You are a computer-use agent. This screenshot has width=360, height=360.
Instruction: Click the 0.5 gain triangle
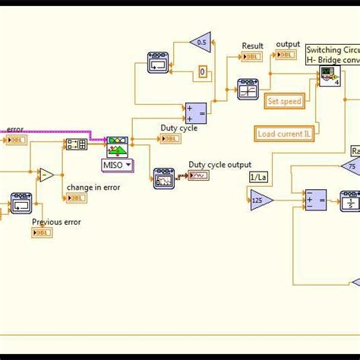point(201,43)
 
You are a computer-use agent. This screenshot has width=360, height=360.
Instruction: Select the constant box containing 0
point(203,73)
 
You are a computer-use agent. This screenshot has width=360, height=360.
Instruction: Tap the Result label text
point(252,46)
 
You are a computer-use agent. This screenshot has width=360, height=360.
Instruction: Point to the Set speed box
point(284,101)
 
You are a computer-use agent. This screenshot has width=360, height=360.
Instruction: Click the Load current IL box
point(285,134)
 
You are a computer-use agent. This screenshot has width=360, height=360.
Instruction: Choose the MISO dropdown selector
point(117,164)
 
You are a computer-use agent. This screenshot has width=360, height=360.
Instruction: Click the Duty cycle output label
point(219,163)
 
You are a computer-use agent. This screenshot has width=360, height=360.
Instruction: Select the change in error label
point(93,187)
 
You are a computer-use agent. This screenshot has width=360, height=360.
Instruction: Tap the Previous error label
point(56,222)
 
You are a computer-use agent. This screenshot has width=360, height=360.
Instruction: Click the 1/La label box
point(258,177)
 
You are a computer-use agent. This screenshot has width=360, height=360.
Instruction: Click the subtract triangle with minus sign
point(46,175)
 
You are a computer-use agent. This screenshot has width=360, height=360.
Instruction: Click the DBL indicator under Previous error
point(43,233)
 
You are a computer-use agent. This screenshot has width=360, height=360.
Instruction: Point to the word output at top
point(288,44)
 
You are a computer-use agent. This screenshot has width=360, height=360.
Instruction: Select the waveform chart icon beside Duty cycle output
point(198,176)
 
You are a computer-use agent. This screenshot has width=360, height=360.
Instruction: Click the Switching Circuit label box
point(333,55)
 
